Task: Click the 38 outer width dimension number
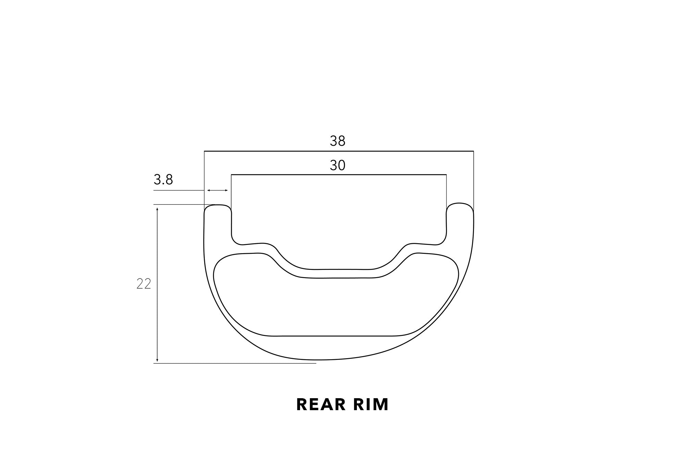tap(337, 141)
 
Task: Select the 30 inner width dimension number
tap(337, 166)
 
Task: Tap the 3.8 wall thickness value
tap(163, 180)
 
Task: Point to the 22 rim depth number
tap(144, 284)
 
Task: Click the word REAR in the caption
tap(321, 404)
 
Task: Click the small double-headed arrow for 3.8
tap(218, 190)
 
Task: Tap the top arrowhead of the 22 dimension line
tap(157, 209)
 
